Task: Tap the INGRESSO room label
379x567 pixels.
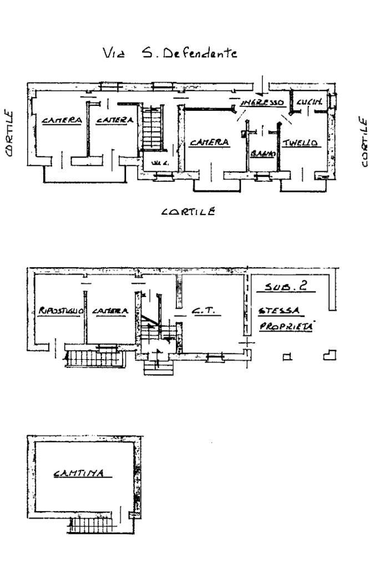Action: tap(262, 103)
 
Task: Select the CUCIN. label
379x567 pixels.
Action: tap(306, 103)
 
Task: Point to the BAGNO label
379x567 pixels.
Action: tap(262, 153)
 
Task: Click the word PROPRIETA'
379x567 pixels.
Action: tap(286, 327)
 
